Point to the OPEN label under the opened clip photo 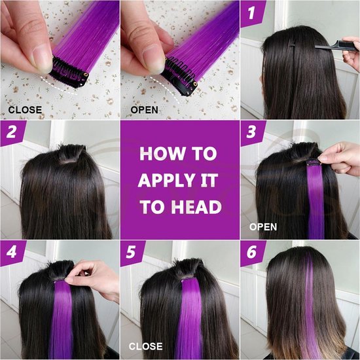(x=144, y=109)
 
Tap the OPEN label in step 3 (x=263, y=227)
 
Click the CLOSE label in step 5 (x=146, y=346)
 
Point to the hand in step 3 (x=340, y=158)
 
